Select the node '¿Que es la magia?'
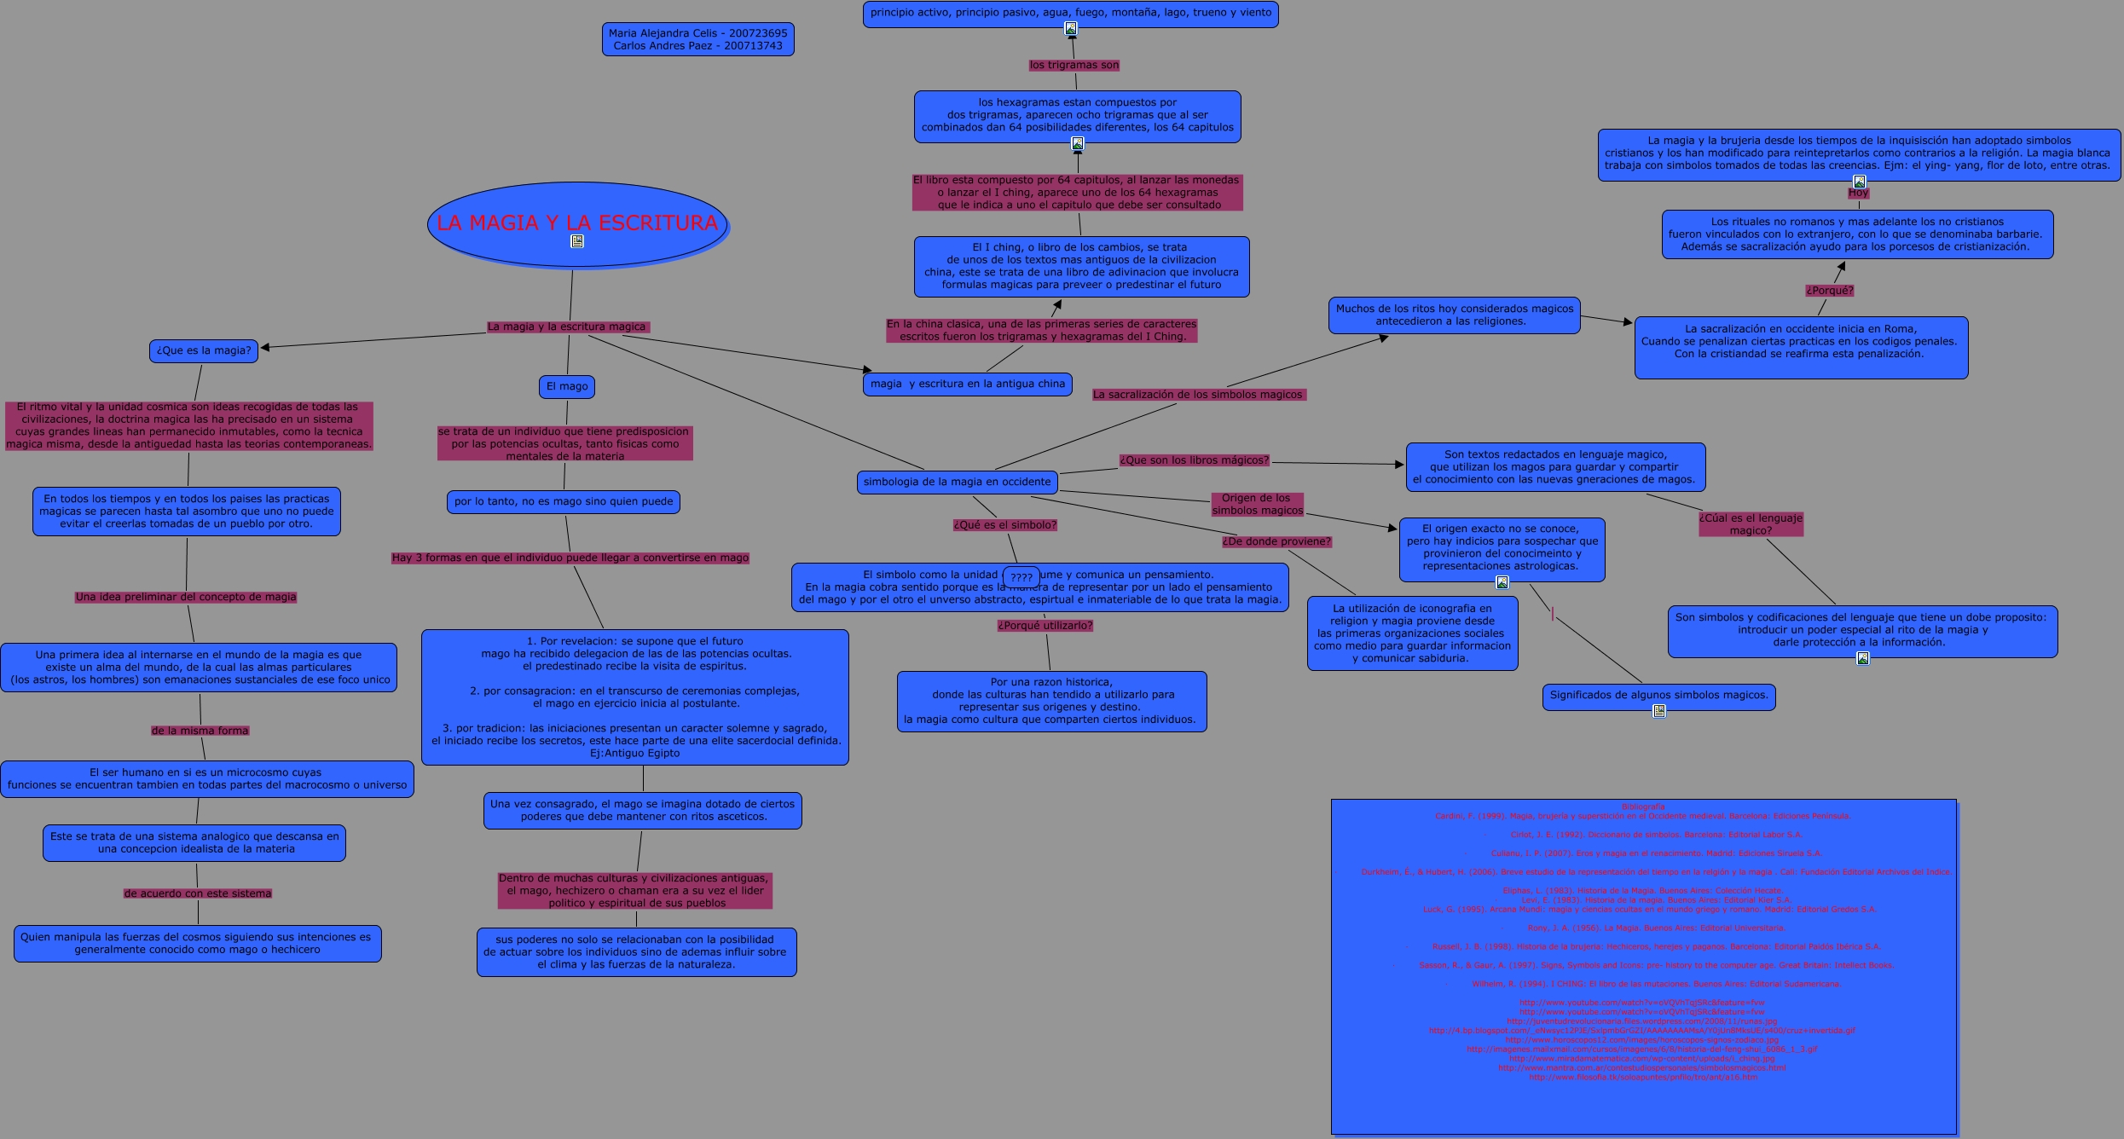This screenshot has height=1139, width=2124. [204, 350]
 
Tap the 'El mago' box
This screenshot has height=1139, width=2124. [567, 386]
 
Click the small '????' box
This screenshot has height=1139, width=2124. [1021, 577]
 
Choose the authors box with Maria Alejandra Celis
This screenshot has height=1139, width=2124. [697, 39]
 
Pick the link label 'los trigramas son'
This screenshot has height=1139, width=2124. [1074, 65]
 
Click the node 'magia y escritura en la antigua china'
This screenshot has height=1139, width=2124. [967, 384]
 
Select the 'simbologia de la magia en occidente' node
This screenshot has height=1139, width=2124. [957, 482]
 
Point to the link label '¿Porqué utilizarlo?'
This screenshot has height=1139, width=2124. [1045, 625]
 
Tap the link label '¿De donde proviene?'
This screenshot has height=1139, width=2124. [1276, 541]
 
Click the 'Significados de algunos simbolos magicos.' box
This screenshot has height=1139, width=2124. [1658, 695]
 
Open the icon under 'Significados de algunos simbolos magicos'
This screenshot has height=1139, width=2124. [1658, 711]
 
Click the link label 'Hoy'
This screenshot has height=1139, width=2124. [1858, 193]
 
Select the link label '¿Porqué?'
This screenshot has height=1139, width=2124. [1829, 290]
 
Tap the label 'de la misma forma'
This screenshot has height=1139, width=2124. [200, 731]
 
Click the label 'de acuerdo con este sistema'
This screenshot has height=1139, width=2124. [198, 893]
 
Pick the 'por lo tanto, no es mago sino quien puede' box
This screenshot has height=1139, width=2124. [563, 501]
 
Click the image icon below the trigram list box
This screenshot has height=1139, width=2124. [1070, 28]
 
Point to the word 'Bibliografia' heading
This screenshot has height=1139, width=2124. [1642, 807]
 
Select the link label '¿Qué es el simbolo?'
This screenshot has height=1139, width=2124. [1004, 525]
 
